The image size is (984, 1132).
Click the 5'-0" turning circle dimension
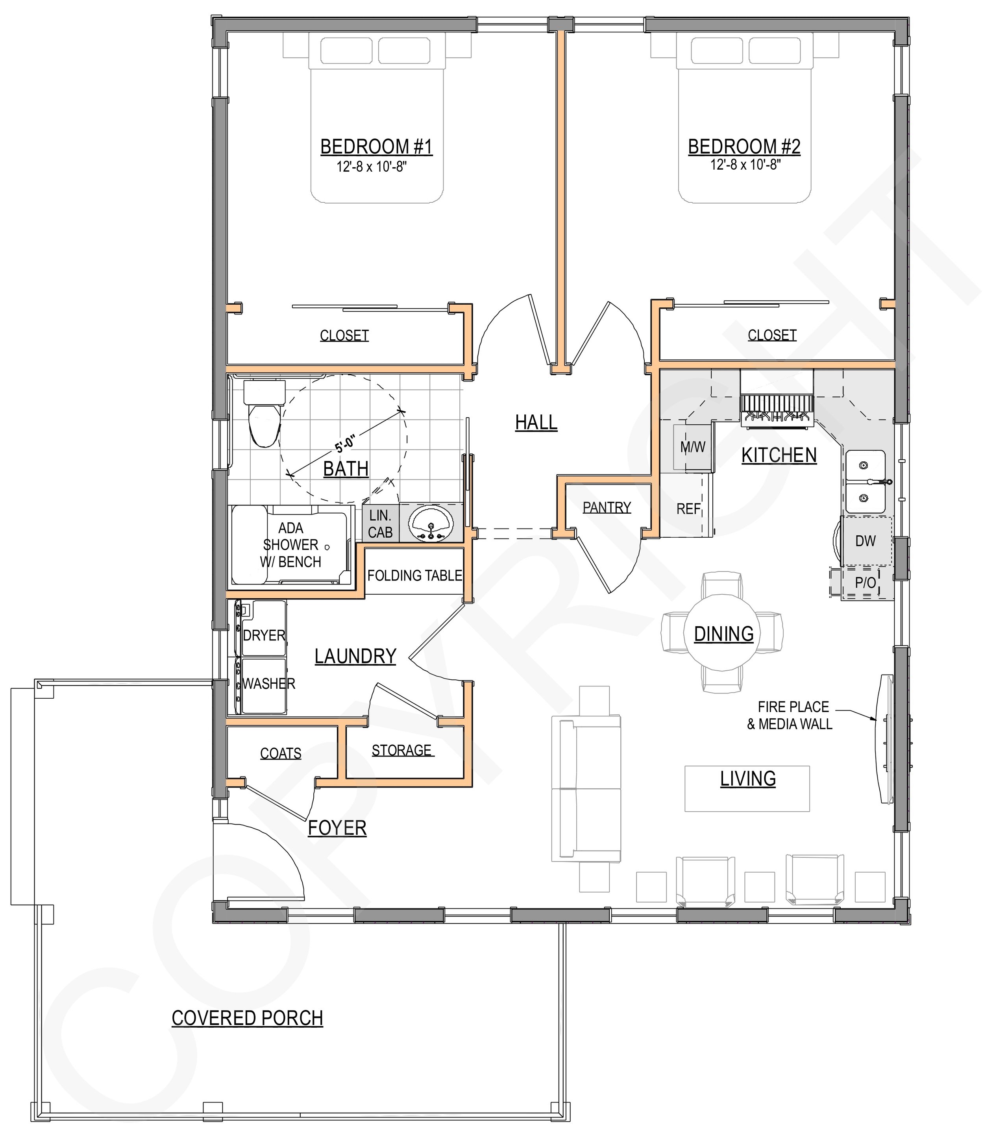tap(346, 442)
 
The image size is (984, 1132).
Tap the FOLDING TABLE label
tap(414, 575)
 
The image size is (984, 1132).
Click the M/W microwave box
tap(692, 447)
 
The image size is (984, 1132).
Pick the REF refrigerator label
tap(688, 509)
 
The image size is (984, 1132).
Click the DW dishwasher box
tap(866, 541)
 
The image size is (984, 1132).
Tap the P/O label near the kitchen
tap(866, 583)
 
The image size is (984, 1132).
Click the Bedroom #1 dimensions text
tap(371, 167)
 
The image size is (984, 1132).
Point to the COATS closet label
tap(281, 753)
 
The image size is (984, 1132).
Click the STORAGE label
tap(401, 751)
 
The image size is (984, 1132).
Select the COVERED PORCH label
tap(247, 1018)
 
